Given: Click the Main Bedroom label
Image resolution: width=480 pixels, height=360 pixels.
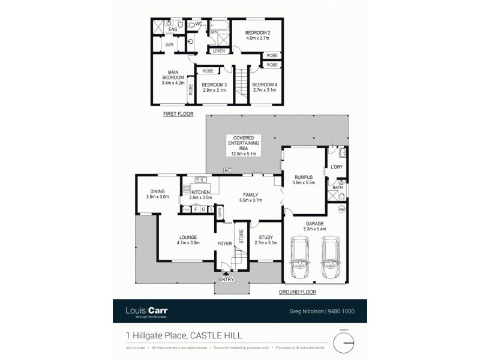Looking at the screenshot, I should (172, 74).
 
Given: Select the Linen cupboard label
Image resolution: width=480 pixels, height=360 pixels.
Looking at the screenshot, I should (218, 51).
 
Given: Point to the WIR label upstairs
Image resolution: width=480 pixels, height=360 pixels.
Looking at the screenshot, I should (170, 44).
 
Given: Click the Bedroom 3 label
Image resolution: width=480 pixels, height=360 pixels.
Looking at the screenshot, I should (214, 85).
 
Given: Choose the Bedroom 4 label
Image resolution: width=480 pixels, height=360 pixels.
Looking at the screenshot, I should (263, 85).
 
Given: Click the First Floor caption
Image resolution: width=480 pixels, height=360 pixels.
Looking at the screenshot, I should (178, 113).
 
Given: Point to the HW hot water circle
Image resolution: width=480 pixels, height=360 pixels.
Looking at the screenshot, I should (341, 209).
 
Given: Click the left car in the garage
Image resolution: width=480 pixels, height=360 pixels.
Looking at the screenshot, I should (299, 258).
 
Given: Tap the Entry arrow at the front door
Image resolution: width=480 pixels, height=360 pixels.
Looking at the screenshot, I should (226, 273).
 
